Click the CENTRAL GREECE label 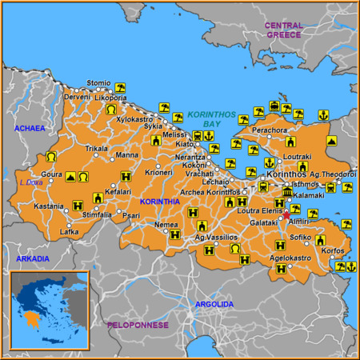click(283, 30)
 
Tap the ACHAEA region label click(29, 127)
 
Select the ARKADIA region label click(32, 258)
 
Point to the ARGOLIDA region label click(214, 304)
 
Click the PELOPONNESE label click(138, 325)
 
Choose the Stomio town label click(98, 82)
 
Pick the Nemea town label click(166, 225)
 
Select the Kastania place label click(48, 206)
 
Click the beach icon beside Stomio click(120, 87)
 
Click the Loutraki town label click(297, 158)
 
